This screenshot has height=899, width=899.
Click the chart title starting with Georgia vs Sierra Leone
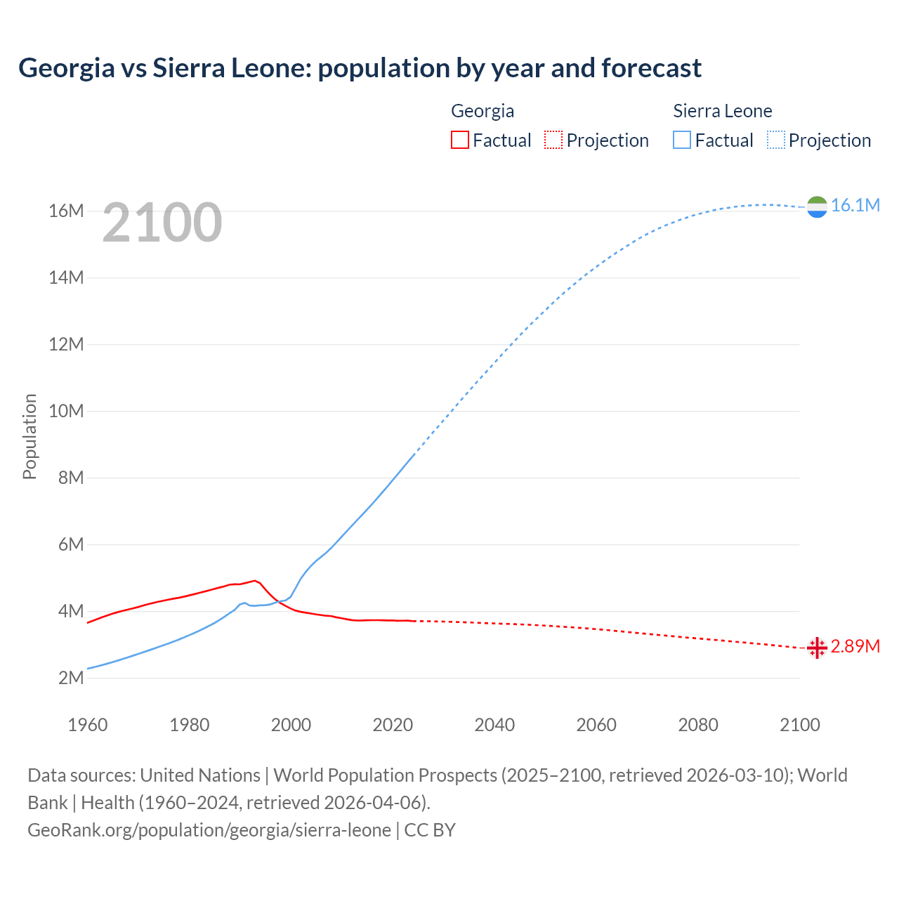[360, 68]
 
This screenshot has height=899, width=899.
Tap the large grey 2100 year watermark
[162, 223]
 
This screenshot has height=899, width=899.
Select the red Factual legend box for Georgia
[460, 140]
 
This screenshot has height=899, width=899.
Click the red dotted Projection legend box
[553, 140]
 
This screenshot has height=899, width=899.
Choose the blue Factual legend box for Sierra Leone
[682, 140]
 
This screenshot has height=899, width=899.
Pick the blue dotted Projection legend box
[775, 140]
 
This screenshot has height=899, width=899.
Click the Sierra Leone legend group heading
[722, 111]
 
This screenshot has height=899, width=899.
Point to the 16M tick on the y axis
[66, 211]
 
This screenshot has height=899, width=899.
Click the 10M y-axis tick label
[66, 411]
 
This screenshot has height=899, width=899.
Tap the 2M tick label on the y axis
[70, 678]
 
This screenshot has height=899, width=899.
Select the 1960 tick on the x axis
[88, 725]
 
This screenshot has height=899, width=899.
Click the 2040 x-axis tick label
[494, 725]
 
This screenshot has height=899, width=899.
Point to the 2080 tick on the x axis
[698, 725]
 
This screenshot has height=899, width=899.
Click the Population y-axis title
[29, 436]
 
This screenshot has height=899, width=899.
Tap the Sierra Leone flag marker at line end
[817, 206]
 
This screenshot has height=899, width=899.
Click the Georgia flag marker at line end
[817, 648]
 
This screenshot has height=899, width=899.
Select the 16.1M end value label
[855, 205]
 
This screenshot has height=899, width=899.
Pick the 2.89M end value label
[855, 646]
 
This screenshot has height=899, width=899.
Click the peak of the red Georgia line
[255, 581]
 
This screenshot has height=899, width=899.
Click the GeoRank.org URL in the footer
[209, 830]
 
